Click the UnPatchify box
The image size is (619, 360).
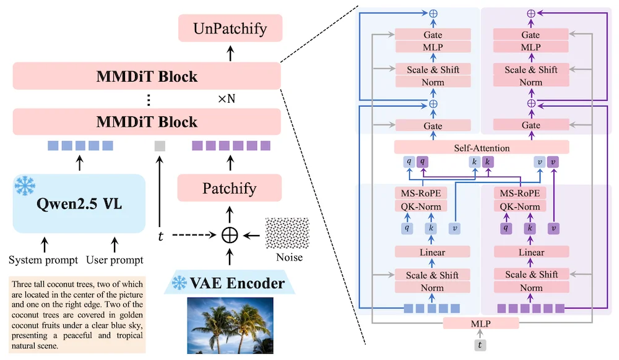[x=230, y=28]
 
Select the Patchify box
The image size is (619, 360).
[x=230, y=188]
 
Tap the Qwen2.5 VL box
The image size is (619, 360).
[x=79, y=204]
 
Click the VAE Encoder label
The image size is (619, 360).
[x=237, y=283]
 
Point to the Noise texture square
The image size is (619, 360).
[x=287, y=233]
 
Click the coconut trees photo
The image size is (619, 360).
[x=230, y=325]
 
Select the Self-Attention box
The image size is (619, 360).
[x=482, y=148]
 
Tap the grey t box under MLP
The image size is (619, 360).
[x=480, y=345]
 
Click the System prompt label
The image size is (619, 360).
[x=43, y=260]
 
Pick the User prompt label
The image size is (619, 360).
[x=115, y=260]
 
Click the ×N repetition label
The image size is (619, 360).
[x=227, y=98]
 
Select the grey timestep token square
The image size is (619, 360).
[x=160, y=146]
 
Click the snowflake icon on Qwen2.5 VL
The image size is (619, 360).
[x=25, y=186]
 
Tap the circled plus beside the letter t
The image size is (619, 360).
[x=230, y=236]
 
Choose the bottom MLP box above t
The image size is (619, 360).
[x=481, y=324]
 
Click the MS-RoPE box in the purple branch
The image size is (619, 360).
[x=520, y=193]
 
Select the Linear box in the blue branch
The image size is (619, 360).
[x=432, y=252]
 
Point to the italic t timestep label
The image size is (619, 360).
[x=160, y=236]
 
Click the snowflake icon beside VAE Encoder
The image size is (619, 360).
[x=179, y=283]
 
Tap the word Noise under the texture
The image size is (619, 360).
[x=289, y=257]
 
